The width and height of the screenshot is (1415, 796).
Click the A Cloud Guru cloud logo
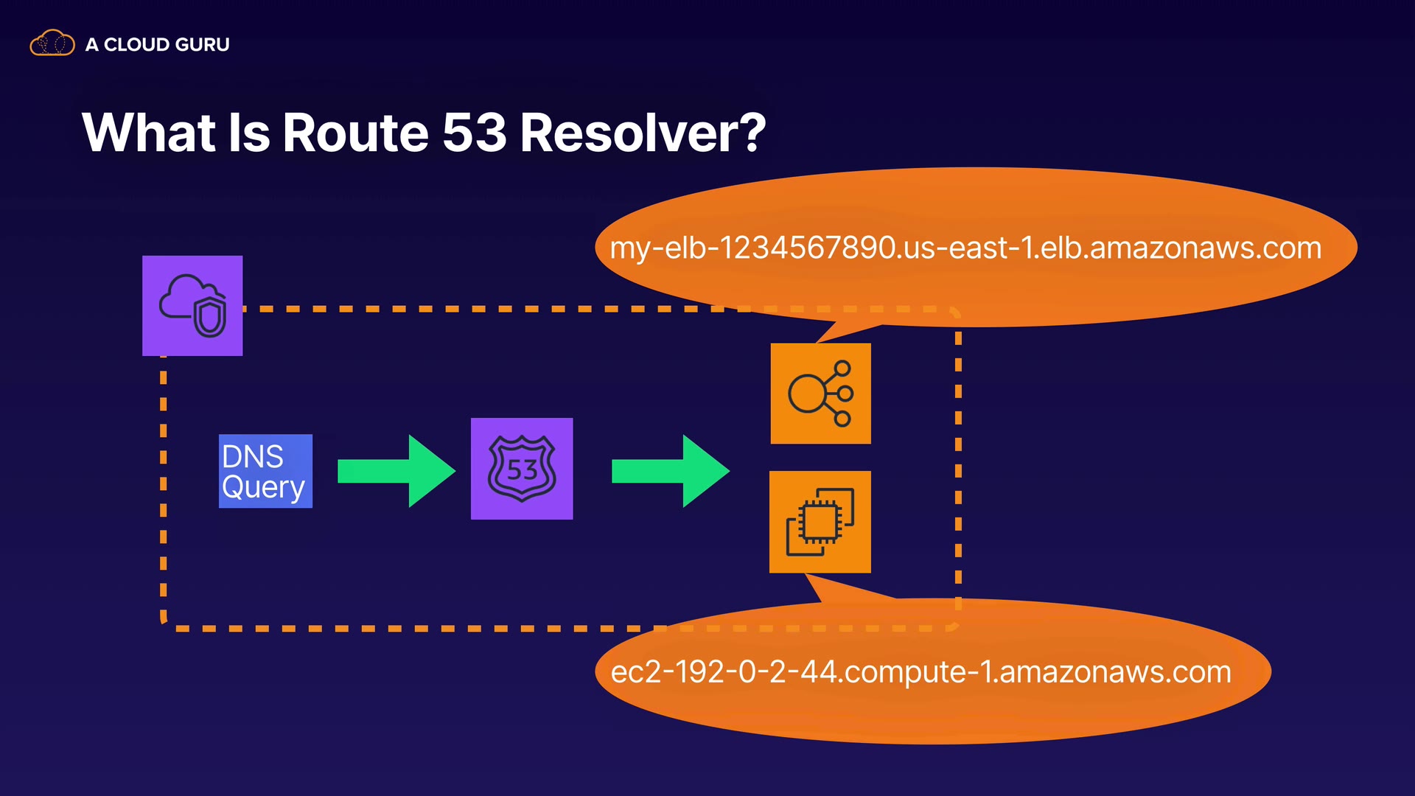(x=52, y=43)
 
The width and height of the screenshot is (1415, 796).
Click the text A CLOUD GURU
(x=157, y=45)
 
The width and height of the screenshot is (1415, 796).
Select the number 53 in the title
(x=475, y=133)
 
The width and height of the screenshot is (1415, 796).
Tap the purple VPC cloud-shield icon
(x=192, y=306)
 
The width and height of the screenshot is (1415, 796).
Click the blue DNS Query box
(x=265, y=471)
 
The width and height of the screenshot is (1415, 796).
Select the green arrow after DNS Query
(x=396, y=471)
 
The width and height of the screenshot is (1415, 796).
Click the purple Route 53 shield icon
(x=522, y=469)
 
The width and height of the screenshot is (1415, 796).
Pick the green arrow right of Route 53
(x=670, y=471)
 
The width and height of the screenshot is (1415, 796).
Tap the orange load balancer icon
(x=820, y=394)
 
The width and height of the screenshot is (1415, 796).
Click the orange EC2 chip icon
(x=820, y=522)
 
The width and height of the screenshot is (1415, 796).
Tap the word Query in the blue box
(x=263, y=487)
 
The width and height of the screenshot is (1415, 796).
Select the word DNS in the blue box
(x=253, y=456)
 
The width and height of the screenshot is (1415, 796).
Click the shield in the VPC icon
(x=210, y=318)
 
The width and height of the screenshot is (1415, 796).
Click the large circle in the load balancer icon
(x=806, y=394)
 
